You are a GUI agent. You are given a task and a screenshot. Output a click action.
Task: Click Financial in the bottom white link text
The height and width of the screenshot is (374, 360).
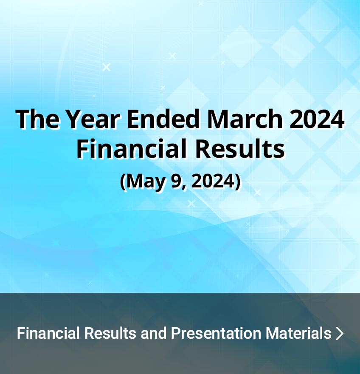[x=48, y=333]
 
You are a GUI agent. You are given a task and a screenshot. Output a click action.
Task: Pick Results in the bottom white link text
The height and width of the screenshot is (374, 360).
[x=110, y=333]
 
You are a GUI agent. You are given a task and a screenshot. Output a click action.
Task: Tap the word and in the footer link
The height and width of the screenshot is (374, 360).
[x=154, y=333]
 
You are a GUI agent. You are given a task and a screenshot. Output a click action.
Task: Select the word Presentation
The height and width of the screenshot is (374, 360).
[x=216, y=333]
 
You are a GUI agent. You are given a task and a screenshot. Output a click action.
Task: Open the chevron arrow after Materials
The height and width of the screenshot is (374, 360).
[x=340, y=334]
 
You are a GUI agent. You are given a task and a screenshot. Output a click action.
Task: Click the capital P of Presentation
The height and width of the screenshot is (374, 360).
[x=175, y=333]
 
